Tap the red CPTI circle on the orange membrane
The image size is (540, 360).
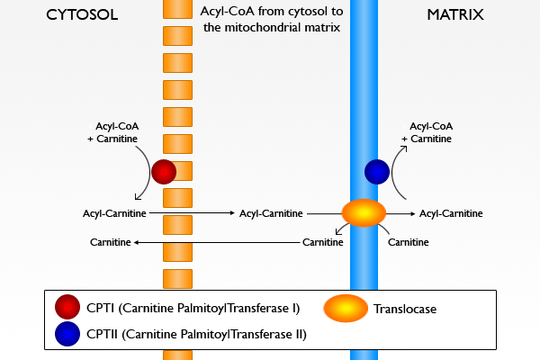click(x=164, y=171)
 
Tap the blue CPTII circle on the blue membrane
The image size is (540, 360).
click(x=377, y=171)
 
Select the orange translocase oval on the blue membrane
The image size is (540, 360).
click(x=364, y=213)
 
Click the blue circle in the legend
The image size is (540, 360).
click(x=67, y=334)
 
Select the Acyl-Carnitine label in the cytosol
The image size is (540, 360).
click(x=113, y=213)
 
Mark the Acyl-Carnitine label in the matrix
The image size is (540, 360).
click(x=451, y=213)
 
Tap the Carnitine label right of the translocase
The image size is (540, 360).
click(x=408, y=242)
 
